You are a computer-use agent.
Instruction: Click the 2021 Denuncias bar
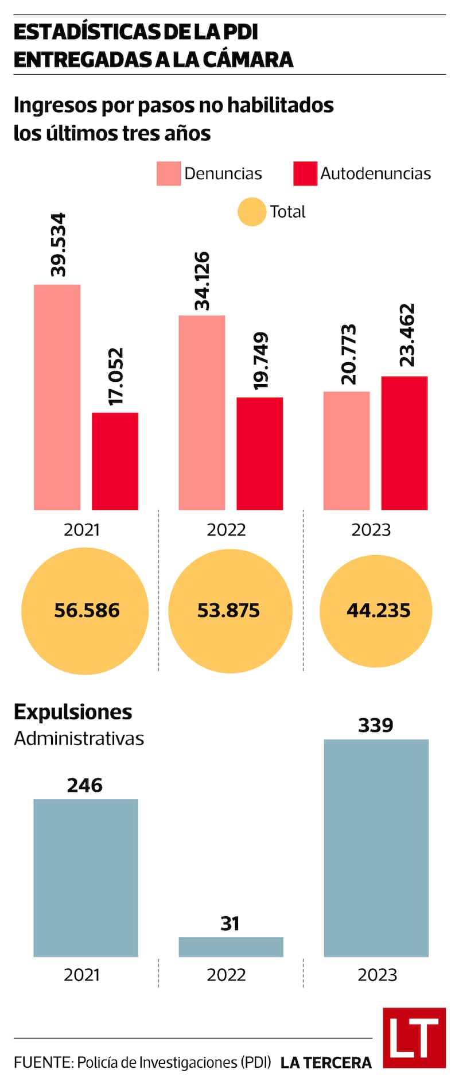coord(57,397)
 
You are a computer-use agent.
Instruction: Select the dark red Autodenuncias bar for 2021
coord(115,461)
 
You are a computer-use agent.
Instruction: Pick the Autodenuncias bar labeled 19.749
coord(259,454)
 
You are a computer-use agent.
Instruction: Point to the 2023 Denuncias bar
coord(346,451)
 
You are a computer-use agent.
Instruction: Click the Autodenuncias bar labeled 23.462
coord(404,443)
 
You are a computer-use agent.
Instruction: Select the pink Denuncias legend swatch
coord(168,173)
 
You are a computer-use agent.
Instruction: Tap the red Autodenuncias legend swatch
coord(305,173)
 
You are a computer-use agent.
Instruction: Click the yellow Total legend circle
coord(251,212)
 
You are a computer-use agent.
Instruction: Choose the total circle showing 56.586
coord(85,611)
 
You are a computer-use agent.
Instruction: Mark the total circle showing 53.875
coord(230,611)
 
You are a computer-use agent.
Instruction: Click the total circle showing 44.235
coord(376,611)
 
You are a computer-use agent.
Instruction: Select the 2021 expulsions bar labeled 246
coord(85,878)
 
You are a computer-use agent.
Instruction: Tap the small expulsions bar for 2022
coord(231,947)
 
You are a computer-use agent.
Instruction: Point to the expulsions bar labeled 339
coord(376,848)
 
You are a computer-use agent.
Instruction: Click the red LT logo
coord(414,1037)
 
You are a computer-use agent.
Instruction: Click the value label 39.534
coord(58,245)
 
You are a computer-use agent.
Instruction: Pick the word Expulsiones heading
coord(73,712)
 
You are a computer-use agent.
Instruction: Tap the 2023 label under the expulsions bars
coord(377,975)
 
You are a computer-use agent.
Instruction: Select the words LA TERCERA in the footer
coord(326,1063)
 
